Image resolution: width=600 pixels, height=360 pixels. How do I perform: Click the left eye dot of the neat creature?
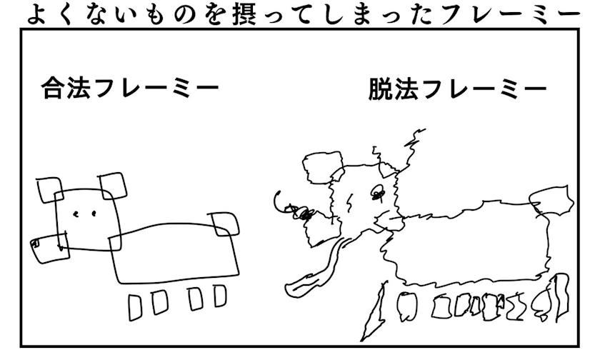tap(76, 214)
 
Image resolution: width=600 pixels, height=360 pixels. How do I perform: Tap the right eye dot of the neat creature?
tap(93, 214)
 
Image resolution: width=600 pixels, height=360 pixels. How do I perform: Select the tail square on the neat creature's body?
tap(225, 224)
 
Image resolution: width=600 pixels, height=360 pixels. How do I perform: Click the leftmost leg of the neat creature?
tap(136, 307)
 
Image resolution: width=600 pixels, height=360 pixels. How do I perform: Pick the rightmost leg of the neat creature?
tap(220, 296)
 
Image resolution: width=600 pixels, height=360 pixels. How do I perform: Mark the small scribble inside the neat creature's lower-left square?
tap(35, 244)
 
